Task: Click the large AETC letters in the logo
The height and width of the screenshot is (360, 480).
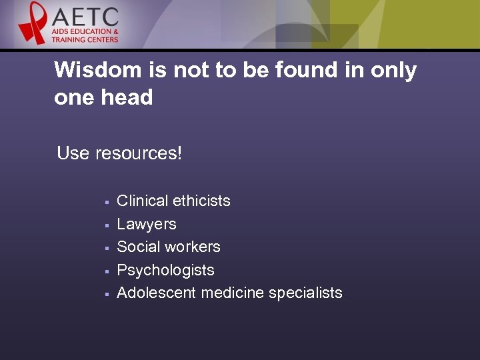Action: pyautogui.click(x=86, y=16)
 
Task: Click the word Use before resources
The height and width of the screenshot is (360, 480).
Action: pyautogui.click(x=73, y=153)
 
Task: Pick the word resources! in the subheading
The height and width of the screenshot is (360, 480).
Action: pyautogui.click(x=138, y=153)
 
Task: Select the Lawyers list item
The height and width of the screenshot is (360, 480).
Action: pyautogui.click(x=147, y=224)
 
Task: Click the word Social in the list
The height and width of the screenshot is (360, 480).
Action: pyautogui.click(x=138, y=247)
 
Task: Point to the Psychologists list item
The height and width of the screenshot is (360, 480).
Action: pyautogui.click(x=165, y=270)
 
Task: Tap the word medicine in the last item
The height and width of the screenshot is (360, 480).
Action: pyautogui.click(x=232, y=293)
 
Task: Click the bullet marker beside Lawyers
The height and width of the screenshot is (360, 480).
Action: pyautogui.click(x=106, y=225)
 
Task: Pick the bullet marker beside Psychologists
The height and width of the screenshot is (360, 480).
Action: pyautogui.click(x=106, y=271)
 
